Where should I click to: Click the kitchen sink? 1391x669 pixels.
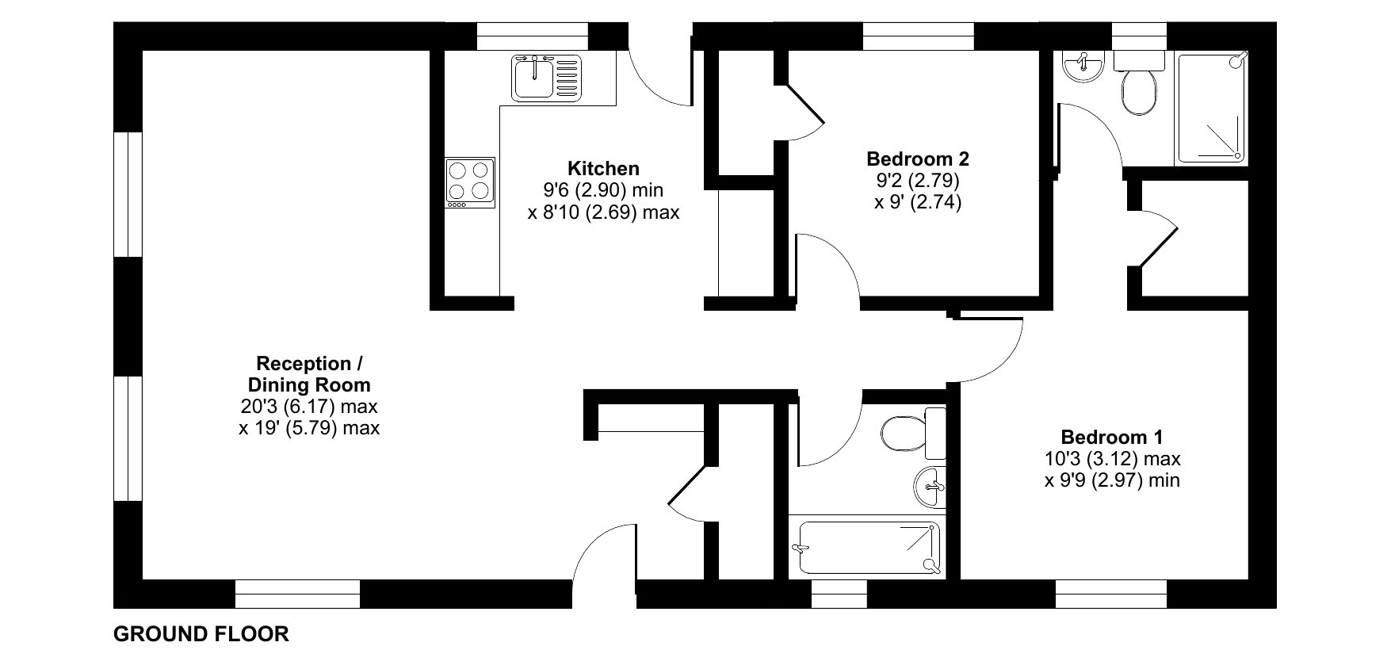(x=547, y=77)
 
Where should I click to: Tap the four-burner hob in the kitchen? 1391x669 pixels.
(x=470, y=182)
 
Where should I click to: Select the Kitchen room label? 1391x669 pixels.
(x=603, y=169)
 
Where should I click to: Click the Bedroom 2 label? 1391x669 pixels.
(x=918, y=159)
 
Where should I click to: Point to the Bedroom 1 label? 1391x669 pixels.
(x=1112, y=437)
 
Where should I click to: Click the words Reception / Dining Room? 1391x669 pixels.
(x=309, y=374)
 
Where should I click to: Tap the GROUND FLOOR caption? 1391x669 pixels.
(x=201, y=634)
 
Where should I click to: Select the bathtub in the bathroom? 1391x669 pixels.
(x=869, y=547)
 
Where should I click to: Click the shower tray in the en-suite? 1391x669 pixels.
(x=1210, y=108)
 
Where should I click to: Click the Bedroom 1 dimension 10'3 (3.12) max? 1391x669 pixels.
(x=1112, y=458)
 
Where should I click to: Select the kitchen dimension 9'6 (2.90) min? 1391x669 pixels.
(x=603, y=190)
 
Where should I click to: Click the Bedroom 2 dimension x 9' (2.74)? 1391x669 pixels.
(x=918, y=201)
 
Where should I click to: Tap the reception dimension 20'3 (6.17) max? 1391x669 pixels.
(x=309, y=407)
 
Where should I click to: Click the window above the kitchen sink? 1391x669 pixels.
(x=533, y=36)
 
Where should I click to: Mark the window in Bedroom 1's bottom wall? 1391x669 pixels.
(x=1111, y=594)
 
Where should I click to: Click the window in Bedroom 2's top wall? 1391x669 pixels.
(x=918, y=36)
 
